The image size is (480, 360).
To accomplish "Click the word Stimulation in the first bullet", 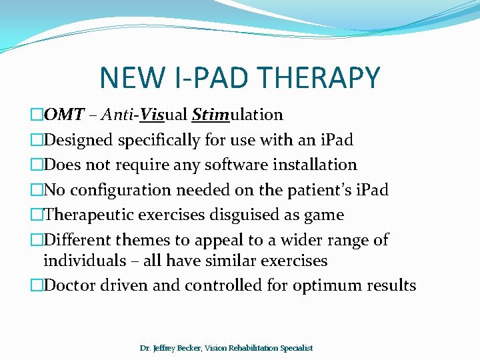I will coord(237,115).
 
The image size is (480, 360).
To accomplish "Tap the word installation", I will coord(313,165).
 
